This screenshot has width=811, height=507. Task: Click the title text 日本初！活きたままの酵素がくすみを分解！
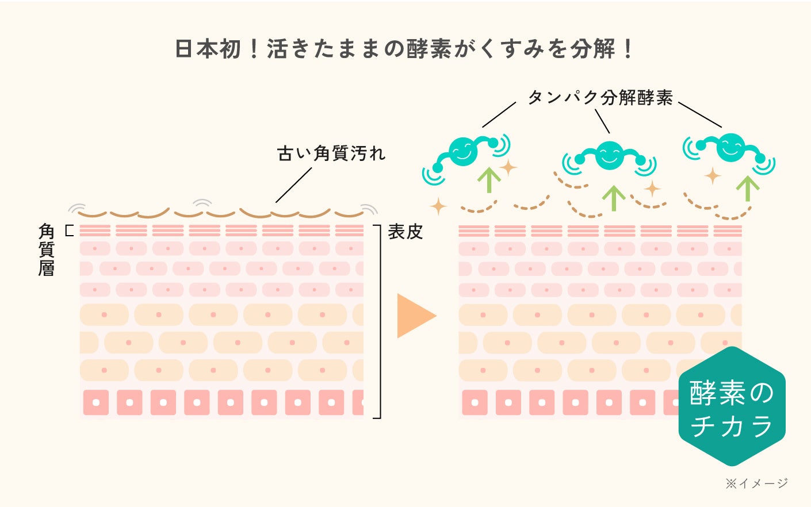click(404, 48)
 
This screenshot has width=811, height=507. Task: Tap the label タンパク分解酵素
click(600, 97)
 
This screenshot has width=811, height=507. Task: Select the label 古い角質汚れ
click(331, 153)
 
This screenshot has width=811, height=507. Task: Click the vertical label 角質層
click(47, 250)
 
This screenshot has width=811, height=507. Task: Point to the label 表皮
click(405, 232)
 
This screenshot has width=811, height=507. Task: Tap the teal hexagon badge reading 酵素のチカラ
click(732, 407)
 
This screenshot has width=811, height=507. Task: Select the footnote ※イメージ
click(756, 483)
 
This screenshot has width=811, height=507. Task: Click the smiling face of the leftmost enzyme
click(463, 151)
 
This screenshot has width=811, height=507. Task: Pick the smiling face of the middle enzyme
click(610, 154)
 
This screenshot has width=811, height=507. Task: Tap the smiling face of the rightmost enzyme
click(730, 147)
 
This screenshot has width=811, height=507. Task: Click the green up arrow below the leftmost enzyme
click(489, 179)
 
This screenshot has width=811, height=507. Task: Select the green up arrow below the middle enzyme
click(614, 198)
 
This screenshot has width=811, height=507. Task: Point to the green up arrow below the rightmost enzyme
click(748, 188)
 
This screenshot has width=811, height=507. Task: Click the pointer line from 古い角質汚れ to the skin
click(294, 185)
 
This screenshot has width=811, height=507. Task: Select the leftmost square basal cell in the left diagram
click(96, 402)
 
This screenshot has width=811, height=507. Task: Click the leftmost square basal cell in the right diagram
click(475, 402)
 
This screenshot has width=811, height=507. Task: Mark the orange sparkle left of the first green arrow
click(439, 206)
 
